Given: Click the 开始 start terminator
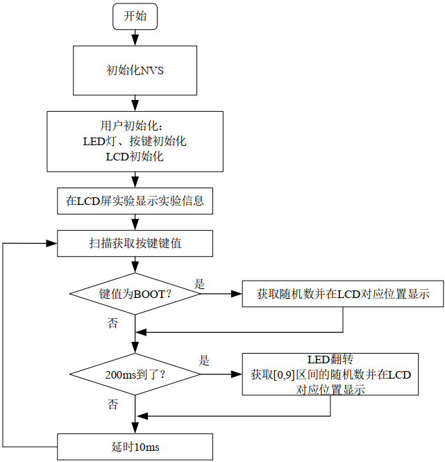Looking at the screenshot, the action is pyautogui.click(x=135, y=16).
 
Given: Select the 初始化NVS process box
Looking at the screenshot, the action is pyautogui.click(x=135, y=70).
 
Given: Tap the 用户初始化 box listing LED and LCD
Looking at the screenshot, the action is pyautogui.click(x=135, y=142).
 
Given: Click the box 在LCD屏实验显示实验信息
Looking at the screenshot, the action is pyautogui.click(x=135, y=201).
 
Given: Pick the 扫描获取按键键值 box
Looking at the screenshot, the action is pyautogui.click(x=135, y=243).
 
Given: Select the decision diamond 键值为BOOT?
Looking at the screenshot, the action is pyautogui.click(x=135, y=294).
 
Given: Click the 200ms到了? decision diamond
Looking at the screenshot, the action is pyautogui.click(x=135, y=374).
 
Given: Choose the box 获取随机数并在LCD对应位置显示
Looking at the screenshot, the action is pyautogui.click(x=343, y=294).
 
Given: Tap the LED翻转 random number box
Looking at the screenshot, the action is pyautogui.click(x=330, y=374).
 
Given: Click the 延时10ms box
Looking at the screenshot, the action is pyautogui.click(x=135, y=447).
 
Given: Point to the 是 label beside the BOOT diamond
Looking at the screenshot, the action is pyautogui.click(x=199, y=284).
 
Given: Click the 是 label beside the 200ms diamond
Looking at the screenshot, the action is pyautogui.click(x=204, y=361).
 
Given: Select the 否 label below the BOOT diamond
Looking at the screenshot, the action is pyautogui.click(x=112, y=323).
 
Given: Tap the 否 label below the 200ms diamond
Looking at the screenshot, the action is pyautogui.click(x=112, y=404).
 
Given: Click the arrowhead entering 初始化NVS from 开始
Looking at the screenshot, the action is pyautogui.click(x=135, y=40).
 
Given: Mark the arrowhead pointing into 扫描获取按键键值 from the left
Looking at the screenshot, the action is pyautogui.click(x=52, y=243).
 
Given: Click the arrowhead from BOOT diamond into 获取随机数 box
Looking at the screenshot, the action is pyautogui.click(x=237, y=294).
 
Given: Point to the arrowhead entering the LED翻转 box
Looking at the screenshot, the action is pyautogui.click(x=237, y=374).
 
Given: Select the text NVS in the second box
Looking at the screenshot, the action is pyautogui.click(x=152, y=71).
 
